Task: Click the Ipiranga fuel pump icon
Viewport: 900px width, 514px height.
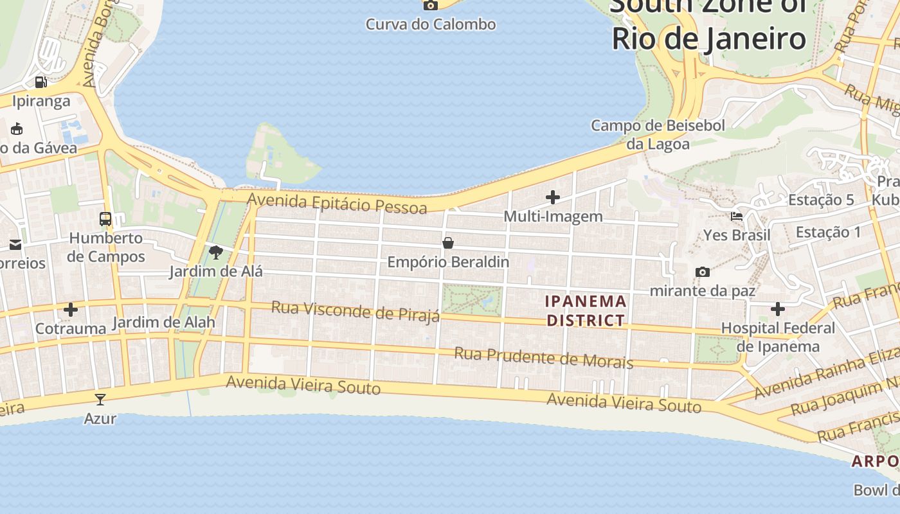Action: pyautogui.click(x=40, y=82)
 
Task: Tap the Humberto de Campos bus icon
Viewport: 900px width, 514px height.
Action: pyautogui.click(x=105, y=219)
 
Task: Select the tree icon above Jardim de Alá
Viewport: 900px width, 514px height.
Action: pyautogui.click(x=216, y=253)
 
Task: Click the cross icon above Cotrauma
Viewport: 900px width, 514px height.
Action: pyautogui.click(x=71, y=310)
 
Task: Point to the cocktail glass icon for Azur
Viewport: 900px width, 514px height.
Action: pyautogui.click(x=100, y=400)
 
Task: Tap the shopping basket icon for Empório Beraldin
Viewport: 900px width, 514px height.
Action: pyautogui.click(x=448, y=243)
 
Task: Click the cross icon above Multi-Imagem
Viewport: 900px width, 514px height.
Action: pyautogui.click(x=553, y=197)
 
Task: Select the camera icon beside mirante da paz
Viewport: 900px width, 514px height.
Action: pyautogui.click(x=703, y=272)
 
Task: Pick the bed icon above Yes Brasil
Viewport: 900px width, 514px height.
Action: pyautogui.click(x=737, y=216)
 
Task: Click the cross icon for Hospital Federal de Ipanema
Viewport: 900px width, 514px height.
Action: pyautogui.click(x=778, y=310)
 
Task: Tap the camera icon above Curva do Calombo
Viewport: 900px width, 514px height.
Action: pyautogui.click(x=431, y=5)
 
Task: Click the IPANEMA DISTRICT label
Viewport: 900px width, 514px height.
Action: pyautogui.click(x=585, y=310)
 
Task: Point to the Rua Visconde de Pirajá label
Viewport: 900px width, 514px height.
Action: pyautogui.click(x=355, y=310)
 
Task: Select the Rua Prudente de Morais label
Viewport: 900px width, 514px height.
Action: pyautogui.click(x=544, y=357)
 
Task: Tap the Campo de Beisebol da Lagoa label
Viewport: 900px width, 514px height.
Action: pyautogui.click(x=658, y=134)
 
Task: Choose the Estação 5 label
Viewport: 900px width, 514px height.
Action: pyautogui.click(x=821, y=200)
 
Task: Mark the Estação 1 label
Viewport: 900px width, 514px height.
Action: pyautogui.click(x=828, y=232)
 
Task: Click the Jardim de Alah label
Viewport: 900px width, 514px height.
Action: pyautogui.click(x=163, y=323)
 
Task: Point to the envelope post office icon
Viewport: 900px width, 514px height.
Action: pyautogui.click(x=15, y=245)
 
